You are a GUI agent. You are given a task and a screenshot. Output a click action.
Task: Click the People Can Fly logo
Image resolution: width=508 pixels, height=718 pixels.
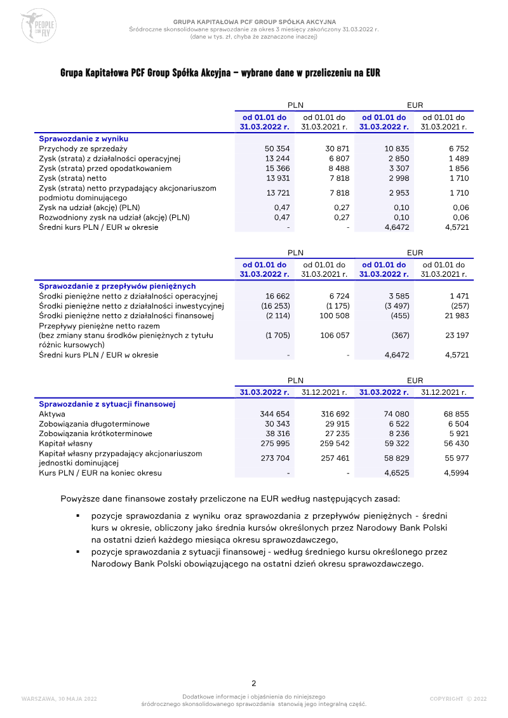(39, 26)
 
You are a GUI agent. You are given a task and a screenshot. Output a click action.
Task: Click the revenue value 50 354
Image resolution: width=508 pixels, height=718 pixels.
(277, 148)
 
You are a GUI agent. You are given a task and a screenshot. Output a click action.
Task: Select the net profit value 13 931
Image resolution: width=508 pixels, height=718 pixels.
(277, 178)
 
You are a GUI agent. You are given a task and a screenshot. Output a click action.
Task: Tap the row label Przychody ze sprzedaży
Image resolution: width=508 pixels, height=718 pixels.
(83, 148)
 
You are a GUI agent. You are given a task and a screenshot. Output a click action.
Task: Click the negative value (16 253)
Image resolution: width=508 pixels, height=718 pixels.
(277, 306)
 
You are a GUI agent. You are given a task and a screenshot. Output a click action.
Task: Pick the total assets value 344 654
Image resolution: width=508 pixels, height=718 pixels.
(275, 414)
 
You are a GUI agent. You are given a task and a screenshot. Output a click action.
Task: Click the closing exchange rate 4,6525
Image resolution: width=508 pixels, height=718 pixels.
(397, 473)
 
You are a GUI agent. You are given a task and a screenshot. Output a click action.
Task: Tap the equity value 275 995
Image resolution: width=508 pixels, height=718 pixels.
(275, 443)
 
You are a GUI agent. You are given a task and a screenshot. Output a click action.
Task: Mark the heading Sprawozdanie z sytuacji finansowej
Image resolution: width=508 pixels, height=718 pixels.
(107, 404)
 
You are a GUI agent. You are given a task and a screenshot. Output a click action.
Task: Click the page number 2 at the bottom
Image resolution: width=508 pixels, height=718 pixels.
(254, 683)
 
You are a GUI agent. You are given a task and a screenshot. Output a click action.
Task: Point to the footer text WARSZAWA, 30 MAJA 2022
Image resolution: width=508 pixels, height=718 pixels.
(59, 699)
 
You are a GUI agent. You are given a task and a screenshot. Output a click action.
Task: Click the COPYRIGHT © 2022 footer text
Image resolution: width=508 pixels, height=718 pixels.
(458, 699)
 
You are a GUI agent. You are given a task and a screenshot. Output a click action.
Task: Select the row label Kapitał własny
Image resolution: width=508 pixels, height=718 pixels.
(65, 443)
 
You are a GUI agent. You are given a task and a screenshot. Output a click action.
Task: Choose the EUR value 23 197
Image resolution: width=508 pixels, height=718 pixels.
(457, 335)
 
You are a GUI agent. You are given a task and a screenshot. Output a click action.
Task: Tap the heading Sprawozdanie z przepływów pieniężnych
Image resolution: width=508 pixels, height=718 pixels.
(117, 286)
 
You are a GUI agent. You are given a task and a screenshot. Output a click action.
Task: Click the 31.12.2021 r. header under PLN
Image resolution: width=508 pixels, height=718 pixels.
(324, 392)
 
